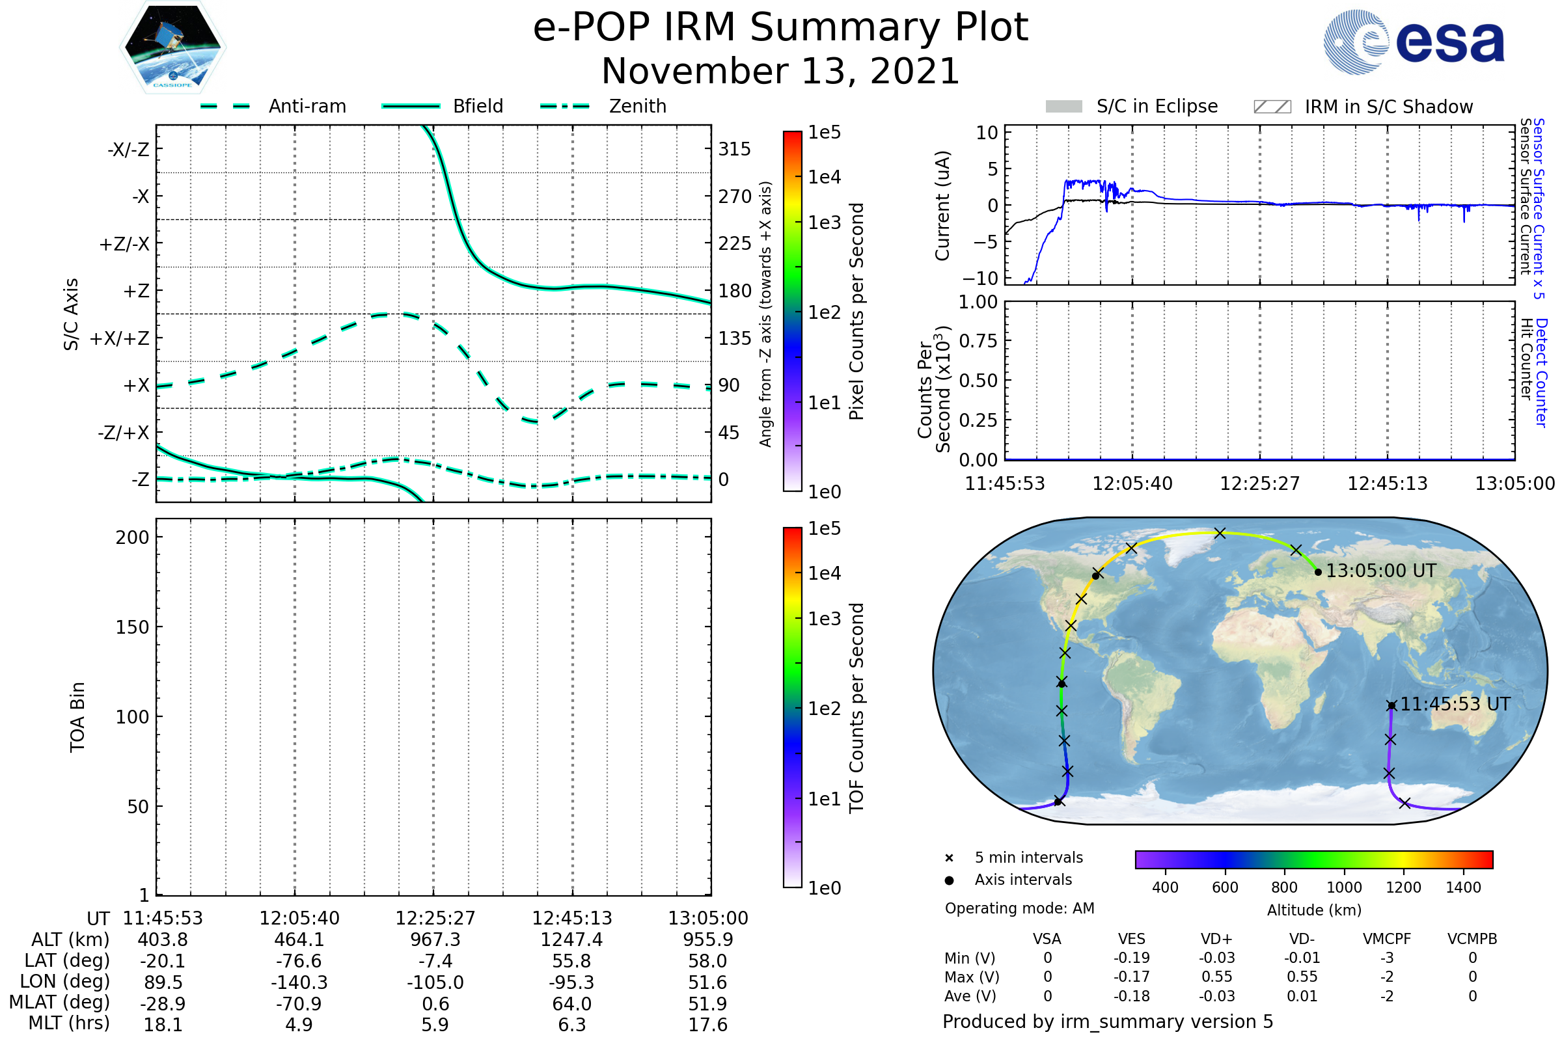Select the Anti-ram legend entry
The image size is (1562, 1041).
(x=307, y=106)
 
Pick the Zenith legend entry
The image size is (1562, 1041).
(x=637, y=106)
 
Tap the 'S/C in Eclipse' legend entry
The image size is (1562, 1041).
(x=1157, y=106)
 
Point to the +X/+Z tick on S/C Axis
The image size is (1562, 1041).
(x=120, y=338)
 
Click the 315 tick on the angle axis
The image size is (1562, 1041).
(x=734, y=149)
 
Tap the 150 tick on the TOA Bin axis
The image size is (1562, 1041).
(x=132, y=627)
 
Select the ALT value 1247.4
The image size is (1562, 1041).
(x=571, y=940)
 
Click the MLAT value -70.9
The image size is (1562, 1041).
(x=299, y=1004)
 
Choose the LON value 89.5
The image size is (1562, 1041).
(x=163, y=982)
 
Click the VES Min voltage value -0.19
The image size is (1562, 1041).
(x=1131, y=958)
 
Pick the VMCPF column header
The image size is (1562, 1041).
(x=1387, y=939)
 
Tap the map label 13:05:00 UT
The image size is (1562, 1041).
(x=1380, y=571)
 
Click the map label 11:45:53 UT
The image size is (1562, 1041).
(x=1455, y=705)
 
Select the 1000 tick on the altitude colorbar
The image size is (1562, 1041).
(x=1343, y=887)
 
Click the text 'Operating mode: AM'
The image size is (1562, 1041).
(x=1019, y=908)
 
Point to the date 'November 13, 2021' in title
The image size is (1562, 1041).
(x=780, y=71)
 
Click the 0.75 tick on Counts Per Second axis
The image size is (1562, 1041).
(x=978, y=341)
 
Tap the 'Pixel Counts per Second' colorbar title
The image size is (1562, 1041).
(x=856, y=312)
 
